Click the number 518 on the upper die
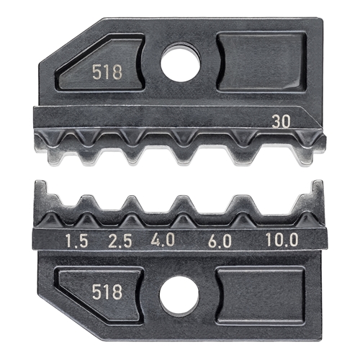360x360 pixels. pos(107,73)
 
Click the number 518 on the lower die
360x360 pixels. pos(107,292)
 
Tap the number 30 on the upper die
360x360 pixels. pos(281,122)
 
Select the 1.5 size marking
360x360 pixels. pos(77,240)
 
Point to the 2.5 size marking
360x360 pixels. pos(120,240)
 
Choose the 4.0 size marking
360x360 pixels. pos(163,240)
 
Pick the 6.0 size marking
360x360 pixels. pos(220,240)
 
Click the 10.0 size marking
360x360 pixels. pos(282,240)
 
